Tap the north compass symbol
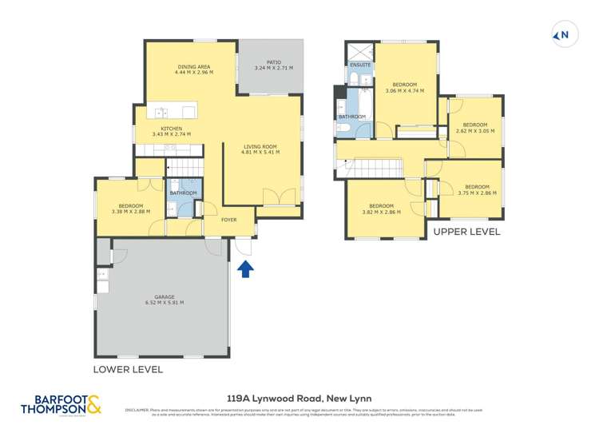[x=562, y=35]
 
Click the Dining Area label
[x=190, y=69]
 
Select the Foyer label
[x=229, y=220]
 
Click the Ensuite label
[x=360, y=65]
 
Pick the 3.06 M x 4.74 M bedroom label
[x=404, y=87]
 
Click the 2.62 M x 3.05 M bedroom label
[x=475, y=128]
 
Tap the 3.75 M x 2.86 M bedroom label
[x=477, y=190]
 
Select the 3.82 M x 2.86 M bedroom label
[x=381, y=209]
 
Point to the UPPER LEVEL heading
[x=466, y=232]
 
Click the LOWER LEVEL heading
[x=128, y=369]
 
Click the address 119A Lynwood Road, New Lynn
[x=299, y=398]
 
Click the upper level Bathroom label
[x=351, y=117]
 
